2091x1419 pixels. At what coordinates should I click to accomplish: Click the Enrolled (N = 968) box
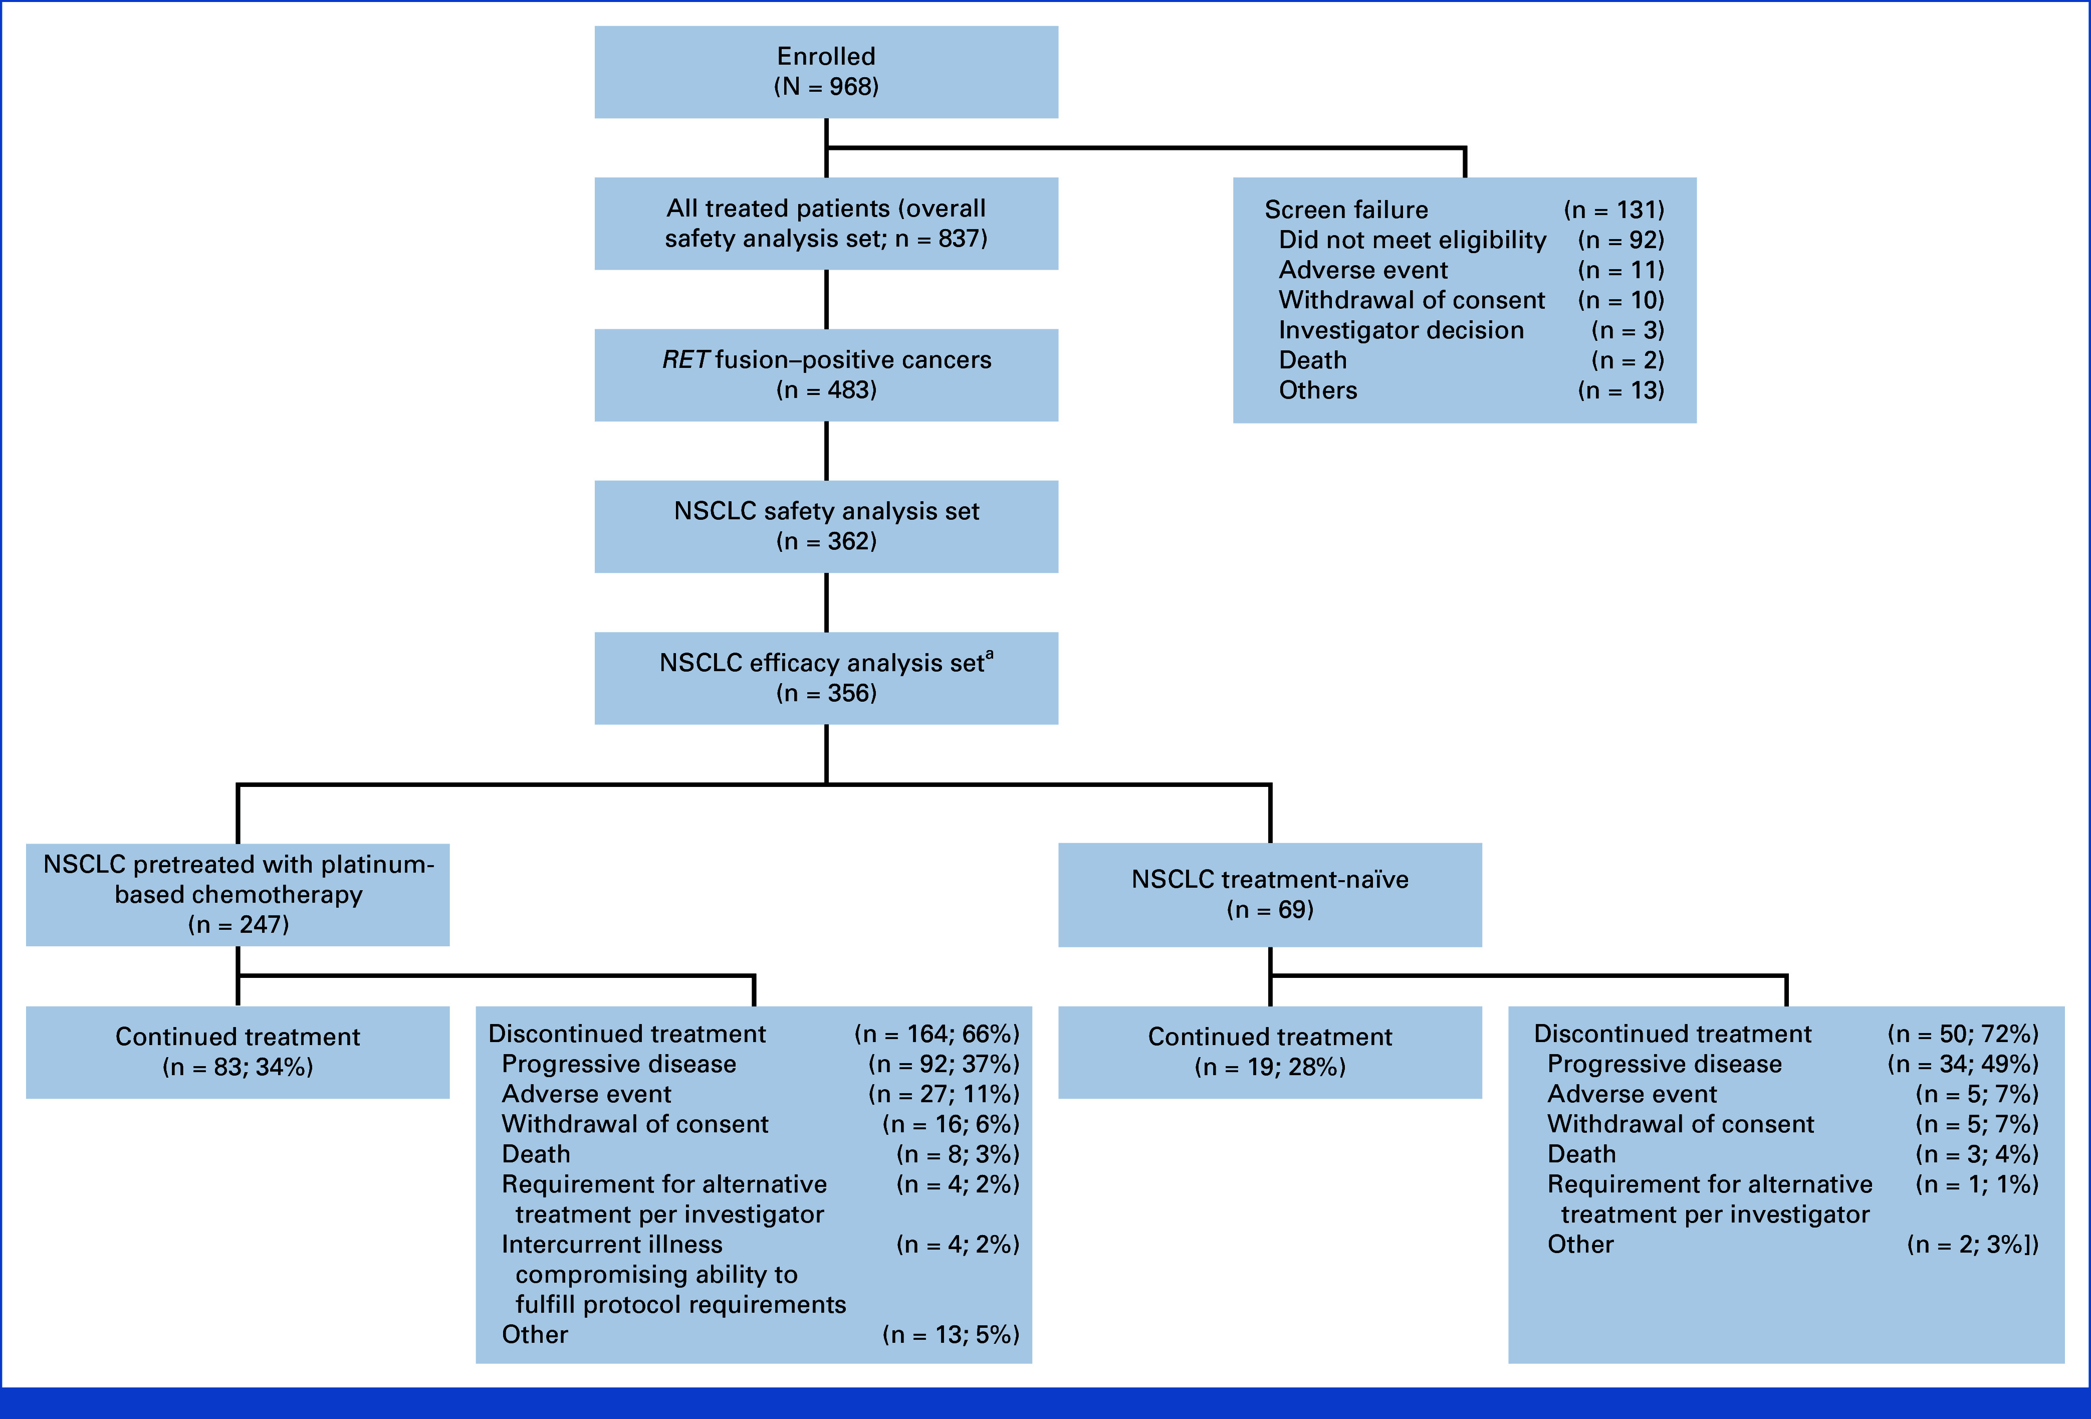click(826, 72)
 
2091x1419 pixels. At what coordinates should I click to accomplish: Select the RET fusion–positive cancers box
click(826, 375)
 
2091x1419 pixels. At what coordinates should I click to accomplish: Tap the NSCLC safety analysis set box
click(826, 526)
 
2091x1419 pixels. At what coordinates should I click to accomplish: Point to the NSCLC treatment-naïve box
click(1270, 894)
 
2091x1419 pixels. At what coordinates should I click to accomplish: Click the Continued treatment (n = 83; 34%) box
click(238, 1052)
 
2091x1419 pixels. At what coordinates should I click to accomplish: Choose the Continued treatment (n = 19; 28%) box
click(1270, 1052)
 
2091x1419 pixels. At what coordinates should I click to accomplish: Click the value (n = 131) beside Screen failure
click(1614, 210)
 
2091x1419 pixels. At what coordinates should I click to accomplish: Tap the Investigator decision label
click(1401, 330)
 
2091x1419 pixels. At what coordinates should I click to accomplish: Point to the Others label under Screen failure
click(1318, 390)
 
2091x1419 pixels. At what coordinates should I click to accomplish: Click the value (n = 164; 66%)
click(937, 1034)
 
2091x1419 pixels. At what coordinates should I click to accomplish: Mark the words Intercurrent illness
click(612, 1245)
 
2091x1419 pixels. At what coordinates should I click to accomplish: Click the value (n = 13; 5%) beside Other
click(951, 1334)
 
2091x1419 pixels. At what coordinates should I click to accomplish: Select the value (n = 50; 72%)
click(1962, 1034)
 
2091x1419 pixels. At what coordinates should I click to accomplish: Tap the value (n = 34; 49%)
click(1962, 1065)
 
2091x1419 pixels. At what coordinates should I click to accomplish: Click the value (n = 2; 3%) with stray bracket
click(1972, 1245)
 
